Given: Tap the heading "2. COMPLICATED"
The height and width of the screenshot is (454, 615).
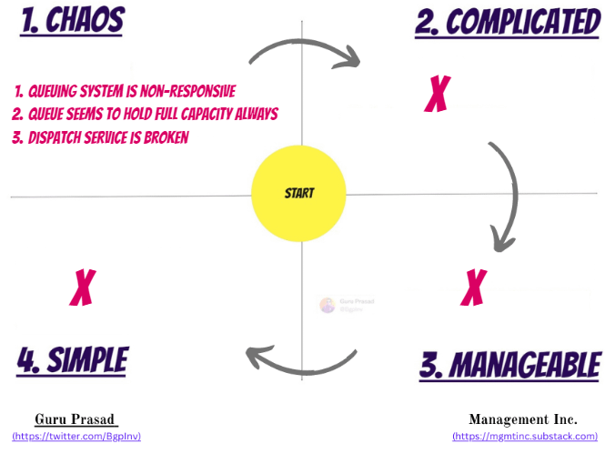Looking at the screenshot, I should [508, 22].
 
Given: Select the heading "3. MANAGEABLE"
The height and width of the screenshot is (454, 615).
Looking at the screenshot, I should [509, 366].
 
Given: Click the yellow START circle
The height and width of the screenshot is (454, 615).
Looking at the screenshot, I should [298, 193].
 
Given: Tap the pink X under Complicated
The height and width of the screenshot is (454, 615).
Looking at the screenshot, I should [438, 93].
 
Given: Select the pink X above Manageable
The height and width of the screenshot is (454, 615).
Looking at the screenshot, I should [471, 288].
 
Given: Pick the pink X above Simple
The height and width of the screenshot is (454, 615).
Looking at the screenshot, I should [83, 288].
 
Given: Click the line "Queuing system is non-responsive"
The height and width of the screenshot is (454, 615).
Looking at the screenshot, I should [126, 91].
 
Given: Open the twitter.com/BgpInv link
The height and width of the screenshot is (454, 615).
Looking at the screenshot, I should [76, 436].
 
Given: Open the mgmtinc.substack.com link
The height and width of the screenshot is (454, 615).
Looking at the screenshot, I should [525, 436].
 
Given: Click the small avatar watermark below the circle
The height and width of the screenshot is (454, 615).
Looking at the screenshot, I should [328, 305].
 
